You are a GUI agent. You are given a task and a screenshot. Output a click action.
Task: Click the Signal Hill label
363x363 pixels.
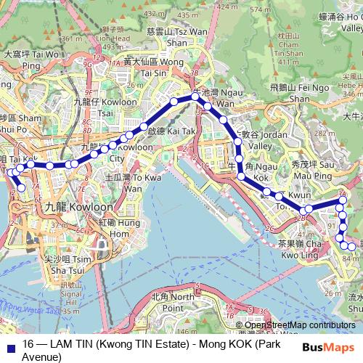70,300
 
